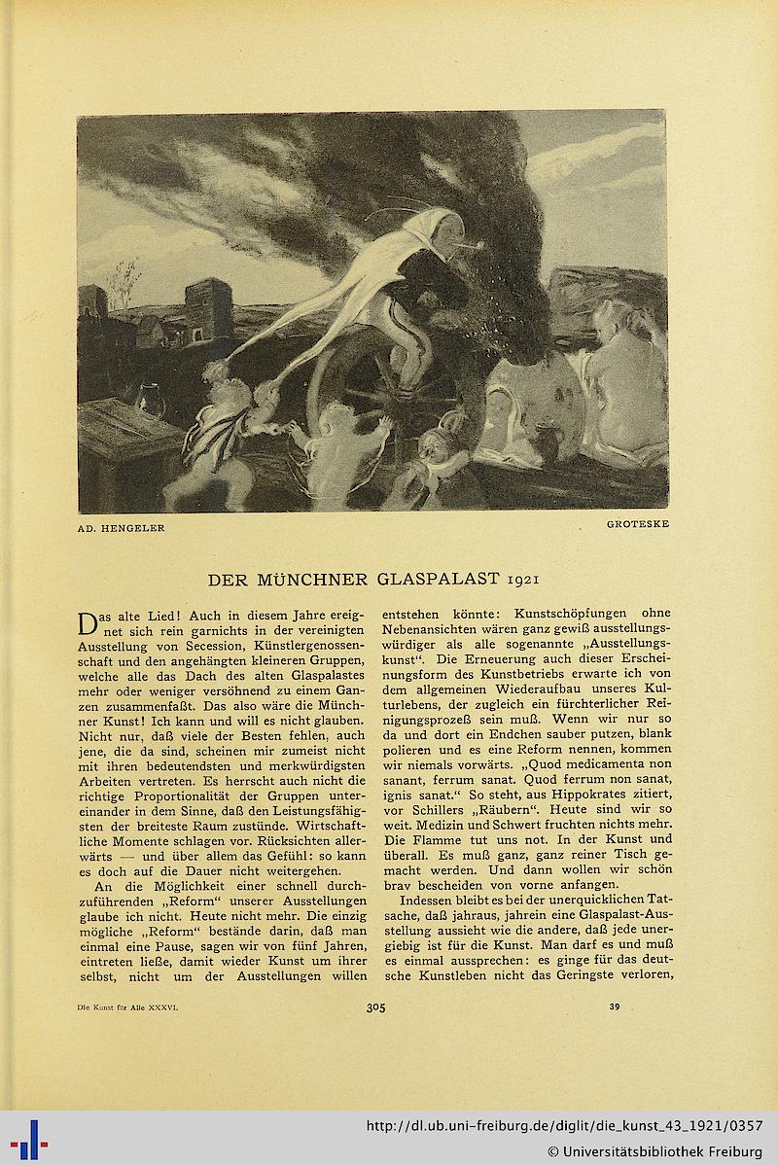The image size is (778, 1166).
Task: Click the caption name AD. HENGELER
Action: point(122,528)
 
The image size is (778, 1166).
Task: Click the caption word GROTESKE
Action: point(637,524)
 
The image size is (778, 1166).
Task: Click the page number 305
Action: point(376,1007)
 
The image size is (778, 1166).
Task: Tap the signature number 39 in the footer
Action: point(614,1007)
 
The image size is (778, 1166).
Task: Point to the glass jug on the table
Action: point(150,400)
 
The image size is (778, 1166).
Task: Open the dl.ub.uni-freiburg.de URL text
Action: point(563,1125)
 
